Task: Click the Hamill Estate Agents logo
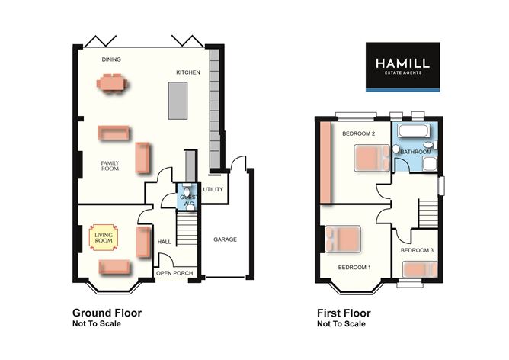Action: point(402,67)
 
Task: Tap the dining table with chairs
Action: point(112,82)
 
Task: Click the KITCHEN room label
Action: point(188,72)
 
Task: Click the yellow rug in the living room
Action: point(102,238)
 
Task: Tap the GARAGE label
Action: point(225,239)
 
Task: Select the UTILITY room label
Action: point(213,190)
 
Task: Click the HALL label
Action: point(164,243)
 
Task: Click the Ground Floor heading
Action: point(107,313)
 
